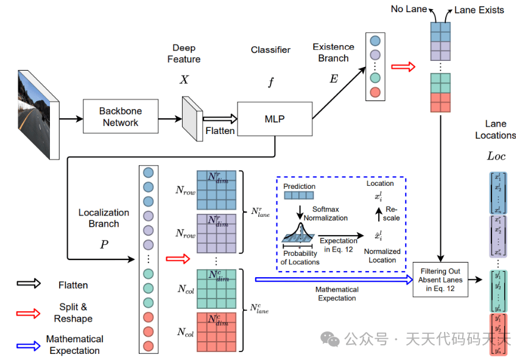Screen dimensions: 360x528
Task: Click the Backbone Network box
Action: [120, 117]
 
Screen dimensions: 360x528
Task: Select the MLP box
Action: [273, 119]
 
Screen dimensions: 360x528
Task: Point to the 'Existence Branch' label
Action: [333, 52]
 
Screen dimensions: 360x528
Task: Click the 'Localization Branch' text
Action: [104, 218]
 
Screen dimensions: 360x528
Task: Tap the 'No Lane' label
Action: [409, 9]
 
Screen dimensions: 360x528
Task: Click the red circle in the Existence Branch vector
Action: [375, 92]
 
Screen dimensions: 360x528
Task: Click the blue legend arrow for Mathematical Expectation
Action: [28, 344]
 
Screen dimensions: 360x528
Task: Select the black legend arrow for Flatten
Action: [28, 283]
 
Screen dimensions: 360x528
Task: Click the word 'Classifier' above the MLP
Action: [270, 50]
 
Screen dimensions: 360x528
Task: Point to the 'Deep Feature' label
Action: [184, 54]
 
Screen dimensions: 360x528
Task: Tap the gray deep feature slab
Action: [192, 118]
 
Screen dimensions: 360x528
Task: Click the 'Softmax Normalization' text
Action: [325, 213]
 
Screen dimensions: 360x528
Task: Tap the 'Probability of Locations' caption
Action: [300, 258]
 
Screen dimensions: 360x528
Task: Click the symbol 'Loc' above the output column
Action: [496, 157]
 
